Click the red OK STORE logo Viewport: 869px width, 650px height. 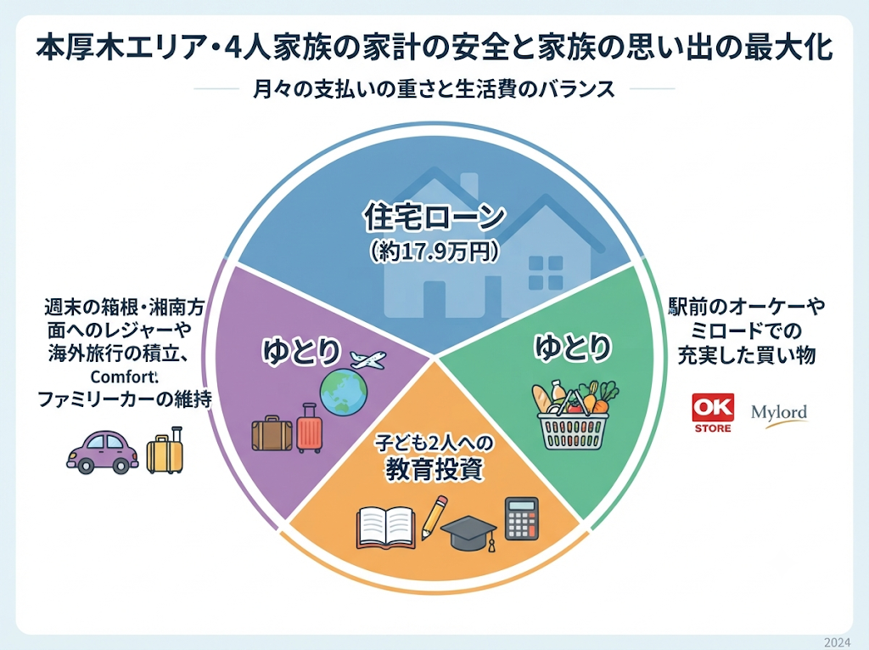[713, 413]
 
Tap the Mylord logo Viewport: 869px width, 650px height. [779, 415]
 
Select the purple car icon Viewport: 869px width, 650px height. [103, 452]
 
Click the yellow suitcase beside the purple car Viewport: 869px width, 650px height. [165, 450]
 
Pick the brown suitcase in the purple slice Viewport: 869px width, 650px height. [272, 433]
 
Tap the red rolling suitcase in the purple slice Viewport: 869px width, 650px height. [309, 428]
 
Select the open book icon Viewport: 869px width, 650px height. [386, 528]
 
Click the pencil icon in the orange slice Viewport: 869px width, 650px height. [434, 517]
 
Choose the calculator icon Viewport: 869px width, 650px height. [522, 518]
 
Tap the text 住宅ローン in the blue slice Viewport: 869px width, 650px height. [434, 217]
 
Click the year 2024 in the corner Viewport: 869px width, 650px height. [837, 642]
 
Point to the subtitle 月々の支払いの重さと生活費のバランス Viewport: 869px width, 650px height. [434, 89]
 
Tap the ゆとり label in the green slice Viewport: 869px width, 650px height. [573, 348]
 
